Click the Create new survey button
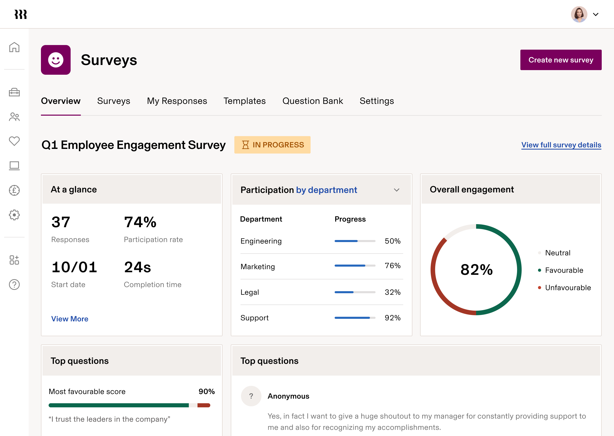pyautogui.click(x=561, y=60)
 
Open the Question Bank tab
pyautogui.click(x=312, y=101)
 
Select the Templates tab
pyautogui.click(x=245, y=101)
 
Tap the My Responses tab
pyautogui.click(x=177, y=101)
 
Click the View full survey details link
pyautogui.click(x=561, y=145)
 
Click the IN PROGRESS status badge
pyautogui.click(x=272, y=145)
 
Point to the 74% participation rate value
pyautogui.click(x=140, y=222)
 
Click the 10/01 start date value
pyautogui.click(x=74, y=267)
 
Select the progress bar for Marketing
pyautogui.click(x=355, y=266)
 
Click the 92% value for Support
pyautogui.click(x=392, y=318)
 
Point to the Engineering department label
pyautogui.click(x=261, y=241)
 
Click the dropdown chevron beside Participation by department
pyautogui.click(x=396, y=190)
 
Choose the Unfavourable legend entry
pyautogui.click(x=568, y=288)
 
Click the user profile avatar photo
pyautogui.click(x=579, y=14)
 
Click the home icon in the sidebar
pyautogui.click(x=14, y=47)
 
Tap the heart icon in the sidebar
pyautogui.click(x=14, y=141)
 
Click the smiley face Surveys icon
pyautogui.click(x=56, y=60)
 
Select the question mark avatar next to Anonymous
pyautogui.click(x=251, y=396)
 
